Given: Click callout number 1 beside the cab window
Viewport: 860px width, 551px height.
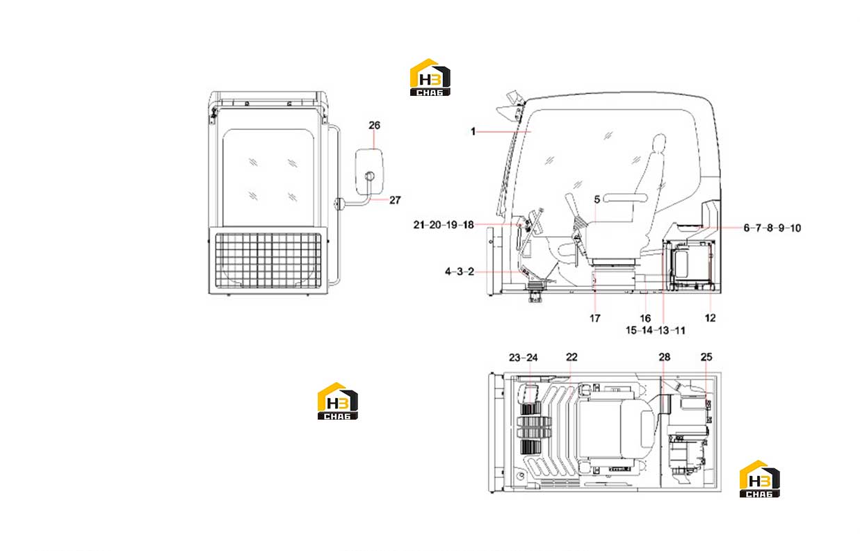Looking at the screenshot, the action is [473, 131].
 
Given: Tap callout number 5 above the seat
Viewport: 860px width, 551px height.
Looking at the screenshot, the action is [597, 199].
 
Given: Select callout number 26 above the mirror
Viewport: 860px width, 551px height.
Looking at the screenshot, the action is [374, 126].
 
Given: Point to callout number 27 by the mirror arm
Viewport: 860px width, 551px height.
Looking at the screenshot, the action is [395, 200].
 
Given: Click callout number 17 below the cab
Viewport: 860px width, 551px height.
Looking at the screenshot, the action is [594, 318].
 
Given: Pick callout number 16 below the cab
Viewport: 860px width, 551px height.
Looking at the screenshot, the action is [645, 318].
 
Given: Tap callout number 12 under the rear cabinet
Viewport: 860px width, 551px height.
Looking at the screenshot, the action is [711, 318].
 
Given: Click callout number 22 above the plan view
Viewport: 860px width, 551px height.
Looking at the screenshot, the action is [571, 357].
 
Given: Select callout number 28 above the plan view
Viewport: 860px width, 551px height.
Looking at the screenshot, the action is [665, 357].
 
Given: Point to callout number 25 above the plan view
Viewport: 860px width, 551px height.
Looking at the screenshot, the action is [706, 357].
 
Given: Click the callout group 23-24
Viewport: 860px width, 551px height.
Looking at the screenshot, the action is [524, 358].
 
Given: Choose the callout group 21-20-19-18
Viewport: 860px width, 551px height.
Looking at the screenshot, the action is [444, 225].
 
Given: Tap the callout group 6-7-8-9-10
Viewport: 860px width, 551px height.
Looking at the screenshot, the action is [772, 228].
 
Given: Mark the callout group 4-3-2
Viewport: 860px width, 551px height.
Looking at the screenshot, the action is [460, 272].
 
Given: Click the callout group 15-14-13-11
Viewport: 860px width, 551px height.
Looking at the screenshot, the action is [656, 330].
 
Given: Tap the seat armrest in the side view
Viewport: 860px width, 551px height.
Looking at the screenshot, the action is [625, 198].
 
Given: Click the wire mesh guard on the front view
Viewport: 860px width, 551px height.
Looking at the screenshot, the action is [268, 261].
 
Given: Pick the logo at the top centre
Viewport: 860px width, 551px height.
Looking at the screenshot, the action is [430, 77].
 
